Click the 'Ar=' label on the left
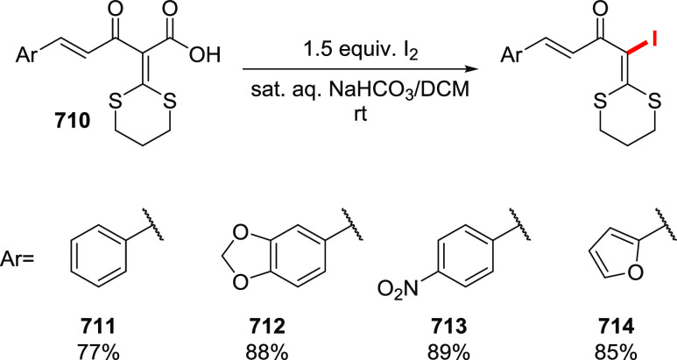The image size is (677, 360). pyautogui.click(x=24, y=261)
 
